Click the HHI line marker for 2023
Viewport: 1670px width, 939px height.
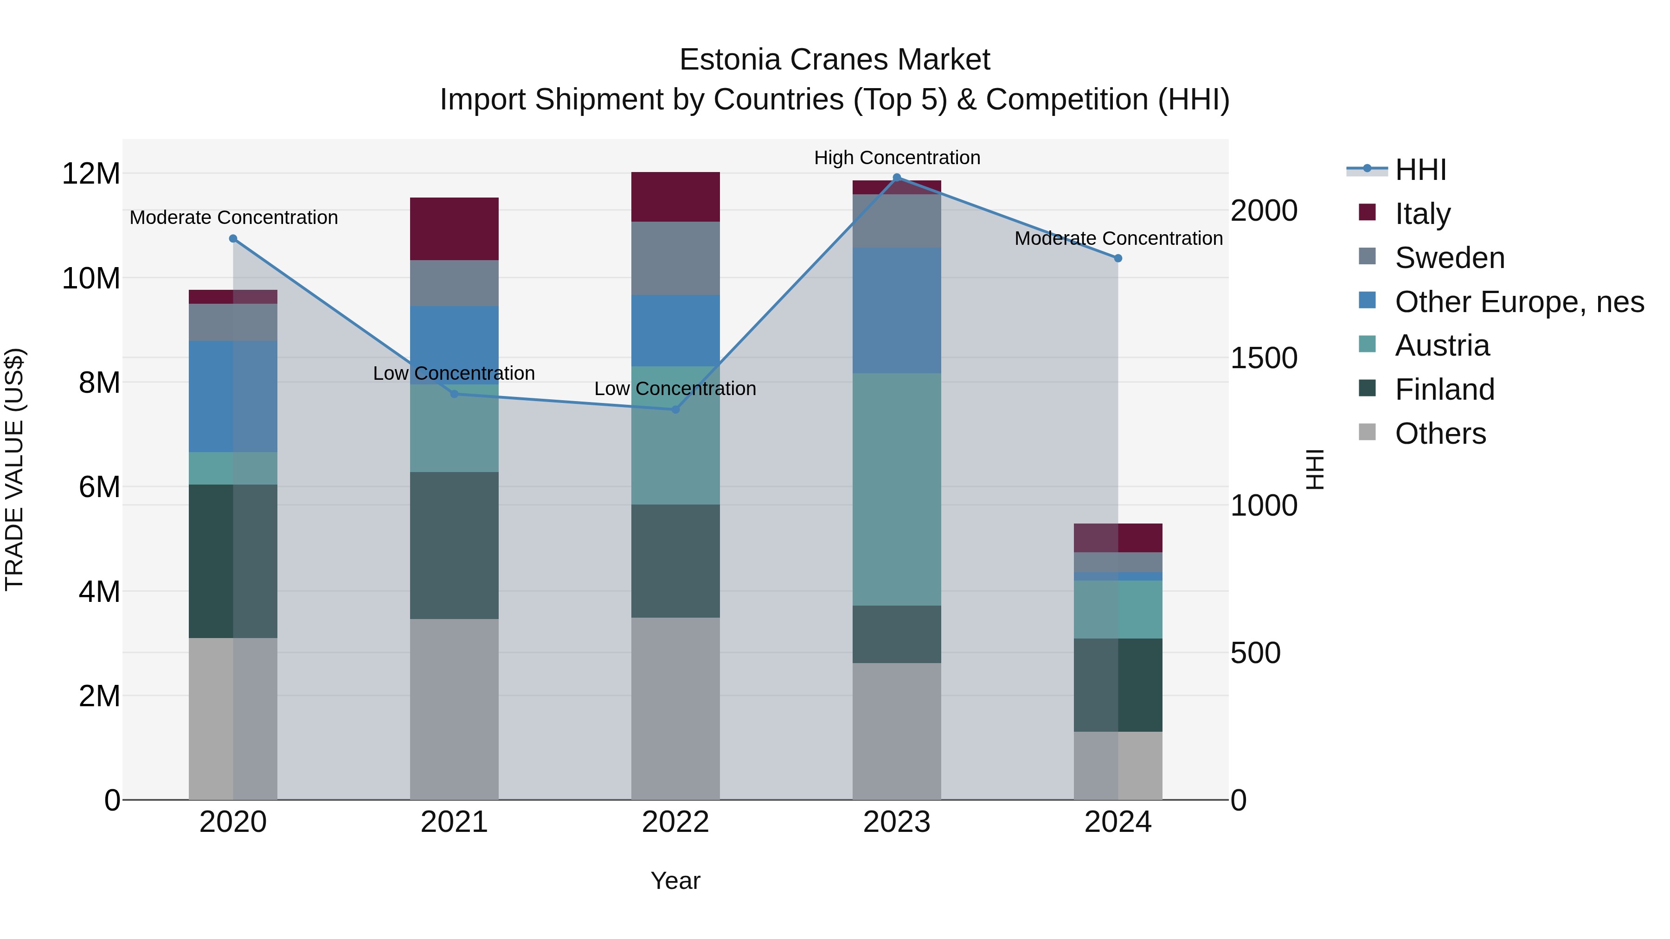pyautogui.click(x=897, y=178)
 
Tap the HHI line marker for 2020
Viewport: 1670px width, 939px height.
pyautogui.click(x=233, y=238)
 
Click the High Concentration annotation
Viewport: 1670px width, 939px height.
pyautogui.click(x=897, y=158)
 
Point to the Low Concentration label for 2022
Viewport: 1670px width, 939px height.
pyautogui.click(x=675, y=389)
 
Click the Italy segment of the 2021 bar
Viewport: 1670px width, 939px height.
pyautogui.click(x=454, y=229)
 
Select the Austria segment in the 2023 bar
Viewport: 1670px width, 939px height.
pyautogui.click(x=897, y=489)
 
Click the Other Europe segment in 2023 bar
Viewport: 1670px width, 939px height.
pyautogui.click(x=897, y=310)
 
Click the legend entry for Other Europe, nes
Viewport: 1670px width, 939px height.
pyautogui.click(x=1519, y=302)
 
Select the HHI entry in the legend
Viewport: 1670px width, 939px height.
pyautogui.click(x=1420, y=170)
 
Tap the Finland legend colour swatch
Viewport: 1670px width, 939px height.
pyautogui.click(x=1367, y=388)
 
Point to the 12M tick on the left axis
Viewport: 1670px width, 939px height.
pyautogui.click(x=91, y=174)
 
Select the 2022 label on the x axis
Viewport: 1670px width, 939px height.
pyautogui.click(x=675, y=822)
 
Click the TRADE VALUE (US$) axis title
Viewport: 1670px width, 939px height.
pyautogui.click(x=14, y=469)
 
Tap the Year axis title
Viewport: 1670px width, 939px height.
pyautogui.click(x=675, y=881)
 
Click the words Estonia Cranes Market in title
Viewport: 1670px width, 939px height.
pyautogui.click(x=835, y=60)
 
